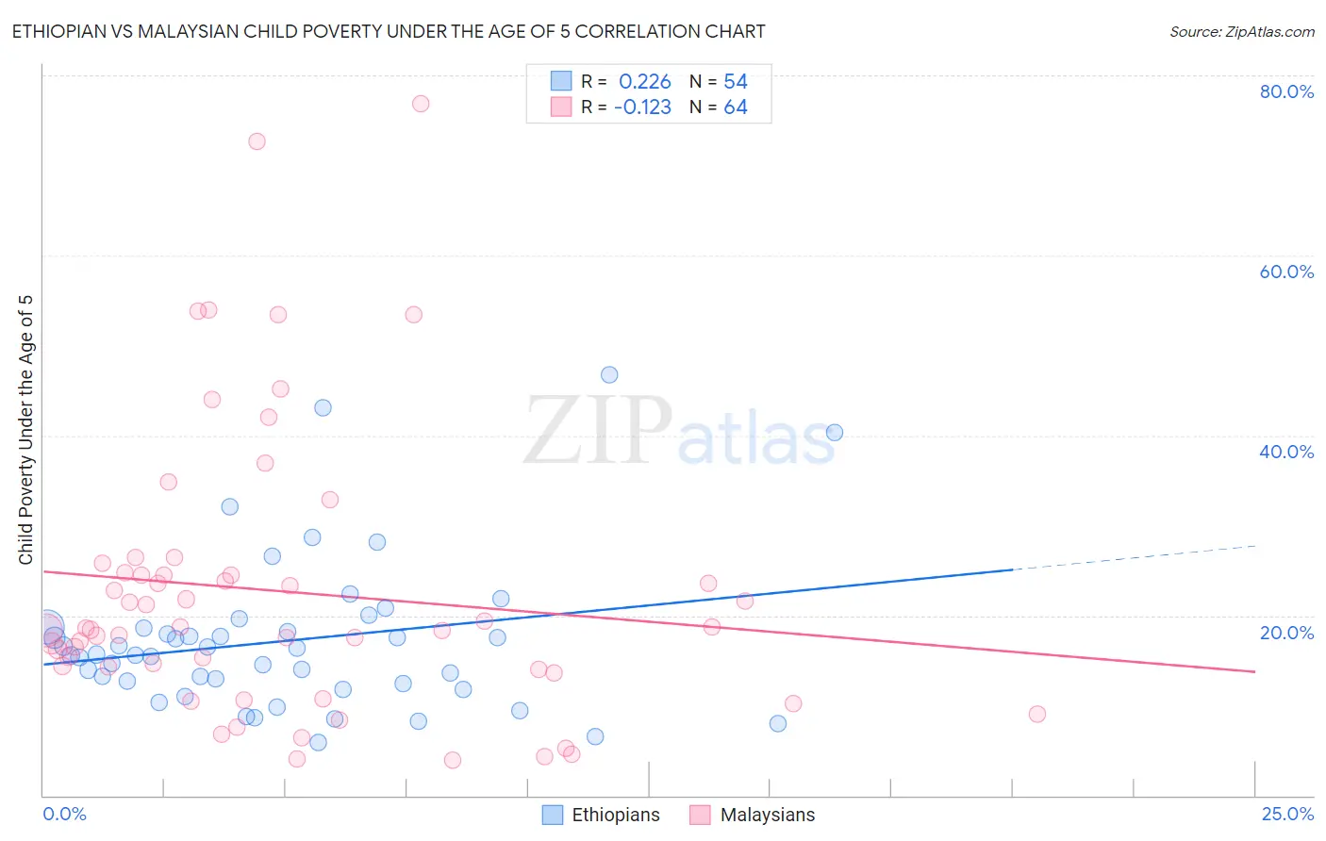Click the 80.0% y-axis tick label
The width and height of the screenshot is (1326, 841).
pyautogui.click(x=1286, y=91)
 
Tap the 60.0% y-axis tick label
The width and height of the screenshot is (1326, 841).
pyautogui.click(x=1286, y=272)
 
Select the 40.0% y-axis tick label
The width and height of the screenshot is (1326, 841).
pyautogui.click(x=1286, y=452)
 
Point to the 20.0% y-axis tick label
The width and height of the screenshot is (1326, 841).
pyautogui.click(x=1286, y=633)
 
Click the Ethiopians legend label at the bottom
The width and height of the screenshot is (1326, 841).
pyautogui.click(x=616, y=816)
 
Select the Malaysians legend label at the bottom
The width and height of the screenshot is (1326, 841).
pyautogui.click(x=768, y=816)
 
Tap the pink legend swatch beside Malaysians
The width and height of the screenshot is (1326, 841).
pyautogui.click(x=699, y=816)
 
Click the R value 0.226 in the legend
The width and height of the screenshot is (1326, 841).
pyautogui.click(x=645, y=82)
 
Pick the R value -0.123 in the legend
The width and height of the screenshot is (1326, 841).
pyautogui.click(x=642, y=107)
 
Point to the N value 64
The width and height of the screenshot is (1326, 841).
pyautogui.click(x=736, y=107)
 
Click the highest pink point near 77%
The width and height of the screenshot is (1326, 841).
pyautogui.click(x=421, y=104)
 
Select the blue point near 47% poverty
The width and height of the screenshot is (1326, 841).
pyautogui.click(x=609, y=375)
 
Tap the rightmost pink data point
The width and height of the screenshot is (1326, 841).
pyautogui.click(x=1037, y=714)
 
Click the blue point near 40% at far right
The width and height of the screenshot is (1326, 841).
pyautogui.click(x=835, y=433)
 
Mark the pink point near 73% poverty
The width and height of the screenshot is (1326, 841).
pyautogui.click(x=257, y=141)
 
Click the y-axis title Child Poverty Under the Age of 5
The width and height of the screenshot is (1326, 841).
pyautogui.click(x=26, y=430)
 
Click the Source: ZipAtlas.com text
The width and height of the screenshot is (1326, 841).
pyautogui.click(x=1241, y=32)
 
